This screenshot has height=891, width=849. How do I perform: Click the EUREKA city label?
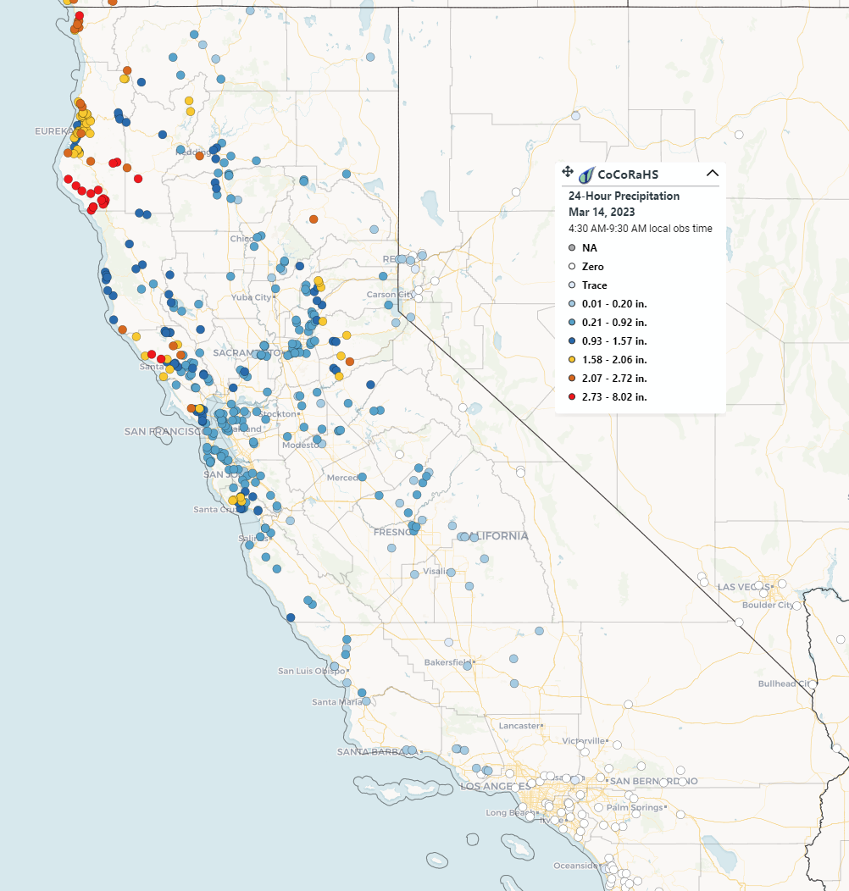pyautogui.click(x=53, y=131)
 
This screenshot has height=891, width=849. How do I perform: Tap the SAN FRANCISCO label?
pyautogui.click(x=161, y=431)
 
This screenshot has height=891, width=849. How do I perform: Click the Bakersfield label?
pyautogui.click(x=448, y=661)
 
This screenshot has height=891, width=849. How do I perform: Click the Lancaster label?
pyautogui.click(x=519, y=725)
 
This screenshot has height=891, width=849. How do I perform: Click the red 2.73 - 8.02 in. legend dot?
pyautogui.click(x=572, y=396)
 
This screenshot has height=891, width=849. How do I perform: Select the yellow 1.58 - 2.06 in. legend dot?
pyautogui.click(x=572, y=359)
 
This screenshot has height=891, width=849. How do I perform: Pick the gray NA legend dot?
pyautogui.click(x=572, y=248)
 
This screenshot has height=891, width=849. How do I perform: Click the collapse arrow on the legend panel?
pyautogui.click(x=713, y=173)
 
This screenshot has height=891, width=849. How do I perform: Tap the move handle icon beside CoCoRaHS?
pyautogui.click(x=568, y=172)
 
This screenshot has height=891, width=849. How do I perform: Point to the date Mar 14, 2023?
pyautogui.click(x=602, y=212)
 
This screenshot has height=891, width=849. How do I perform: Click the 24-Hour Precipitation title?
pyautogui.click(x=624, y=196)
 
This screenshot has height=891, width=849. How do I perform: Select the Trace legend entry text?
pyautogui.click(x=594, y=285)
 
